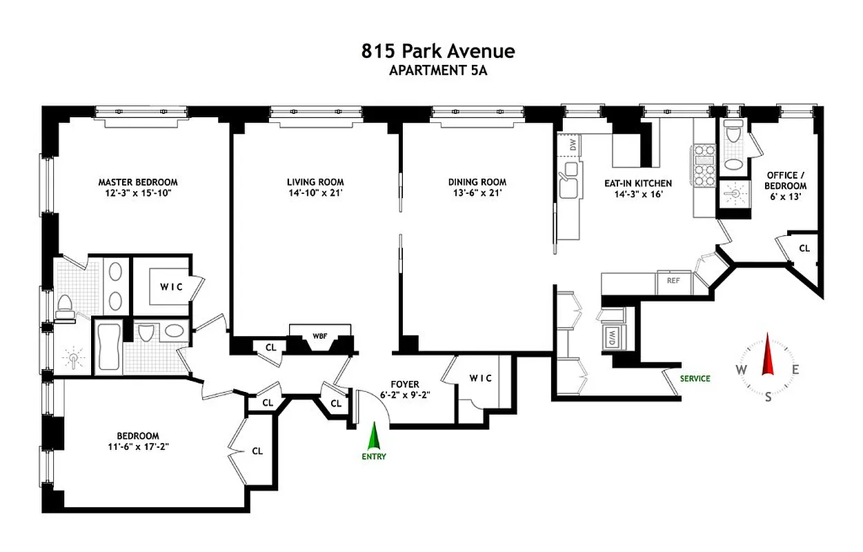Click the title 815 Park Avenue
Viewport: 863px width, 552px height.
tap(438, 51)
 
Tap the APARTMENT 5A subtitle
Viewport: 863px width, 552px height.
tap(438, 70)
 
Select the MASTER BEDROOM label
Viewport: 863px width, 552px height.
tap(137, 182)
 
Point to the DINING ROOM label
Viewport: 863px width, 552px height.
tap(477, 182)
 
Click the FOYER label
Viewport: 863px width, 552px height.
tap(404, 384)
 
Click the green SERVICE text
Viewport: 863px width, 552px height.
tap(695, 378)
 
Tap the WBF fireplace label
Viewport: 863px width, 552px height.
tap(319, 336)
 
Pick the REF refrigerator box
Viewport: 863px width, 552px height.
tap(674, 281)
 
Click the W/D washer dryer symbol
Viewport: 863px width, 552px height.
tap(611, 337)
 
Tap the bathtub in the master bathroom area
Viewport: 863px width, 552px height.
tap(108, 347)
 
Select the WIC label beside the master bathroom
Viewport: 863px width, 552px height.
tap(172, 286)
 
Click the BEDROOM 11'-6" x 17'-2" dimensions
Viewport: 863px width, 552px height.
tap(137, 446)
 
